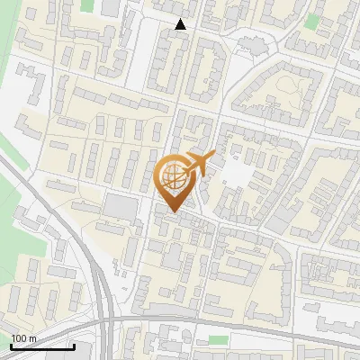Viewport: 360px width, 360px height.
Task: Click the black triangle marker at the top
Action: click(181, 24)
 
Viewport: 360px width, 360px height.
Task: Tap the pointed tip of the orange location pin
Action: click(172, 211)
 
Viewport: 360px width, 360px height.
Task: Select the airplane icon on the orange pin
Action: click(197, 164)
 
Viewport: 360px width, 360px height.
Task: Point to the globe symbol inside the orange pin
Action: click(172, 177)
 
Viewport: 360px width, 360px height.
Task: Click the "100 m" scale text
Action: click(24, 338)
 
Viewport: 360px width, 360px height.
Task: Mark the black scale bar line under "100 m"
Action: click(41, 346)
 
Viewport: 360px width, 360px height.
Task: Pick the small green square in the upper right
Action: click(312, 22)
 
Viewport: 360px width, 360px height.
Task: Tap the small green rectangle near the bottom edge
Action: click(218, 339)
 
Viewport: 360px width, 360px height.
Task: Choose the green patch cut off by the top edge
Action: click(87, 4)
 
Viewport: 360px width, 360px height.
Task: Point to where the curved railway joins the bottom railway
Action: click(110, 321)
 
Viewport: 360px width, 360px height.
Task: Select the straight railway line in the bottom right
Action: click(297, 337)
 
